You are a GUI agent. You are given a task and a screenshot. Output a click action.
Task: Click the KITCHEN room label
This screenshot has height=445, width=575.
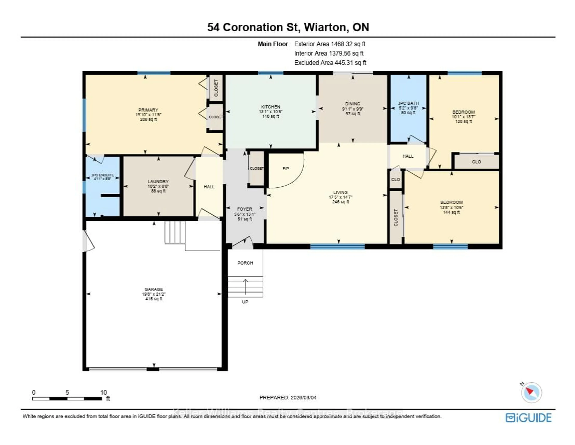[270, 107]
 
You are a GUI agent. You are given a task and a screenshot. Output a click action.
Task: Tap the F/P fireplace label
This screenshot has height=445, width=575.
[286, 169]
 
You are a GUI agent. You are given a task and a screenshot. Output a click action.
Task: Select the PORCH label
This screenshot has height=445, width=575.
[245, 263]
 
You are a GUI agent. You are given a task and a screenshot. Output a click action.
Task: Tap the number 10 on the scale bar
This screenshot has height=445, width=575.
[103, 392]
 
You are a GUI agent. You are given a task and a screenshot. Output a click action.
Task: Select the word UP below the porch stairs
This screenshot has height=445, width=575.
[245, 302]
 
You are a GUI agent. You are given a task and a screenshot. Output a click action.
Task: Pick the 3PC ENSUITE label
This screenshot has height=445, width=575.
[102, 175]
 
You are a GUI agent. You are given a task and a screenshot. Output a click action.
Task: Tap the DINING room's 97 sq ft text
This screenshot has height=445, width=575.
[352, 114]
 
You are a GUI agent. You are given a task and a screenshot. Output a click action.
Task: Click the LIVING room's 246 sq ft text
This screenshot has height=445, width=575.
[340, 202]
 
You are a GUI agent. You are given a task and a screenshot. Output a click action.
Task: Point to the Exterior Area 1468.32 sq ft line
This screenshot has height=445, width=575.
[330, 44]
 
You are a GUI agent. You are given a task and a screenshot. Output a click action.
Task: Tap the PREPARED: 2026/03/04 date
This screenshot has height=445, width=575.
[288, 397]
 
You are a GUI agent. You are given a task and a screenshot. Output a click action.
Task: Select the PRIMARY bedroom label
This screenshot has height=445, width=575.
[148, 110]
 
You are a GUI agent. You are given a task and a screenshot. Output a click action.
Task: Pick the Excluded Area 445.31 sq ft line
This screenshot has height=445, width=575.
[330, 63]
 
